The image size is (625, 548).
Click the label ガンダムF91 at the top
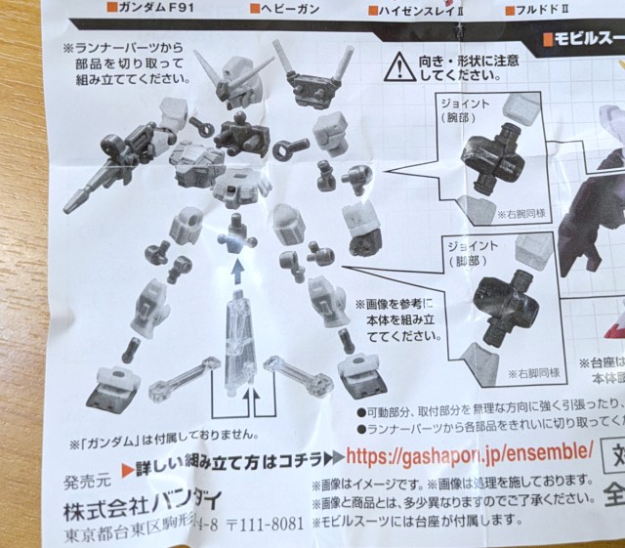click(x=155, y=8)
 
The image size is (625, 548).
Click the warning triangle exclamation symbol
click(x=399, y=67)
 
